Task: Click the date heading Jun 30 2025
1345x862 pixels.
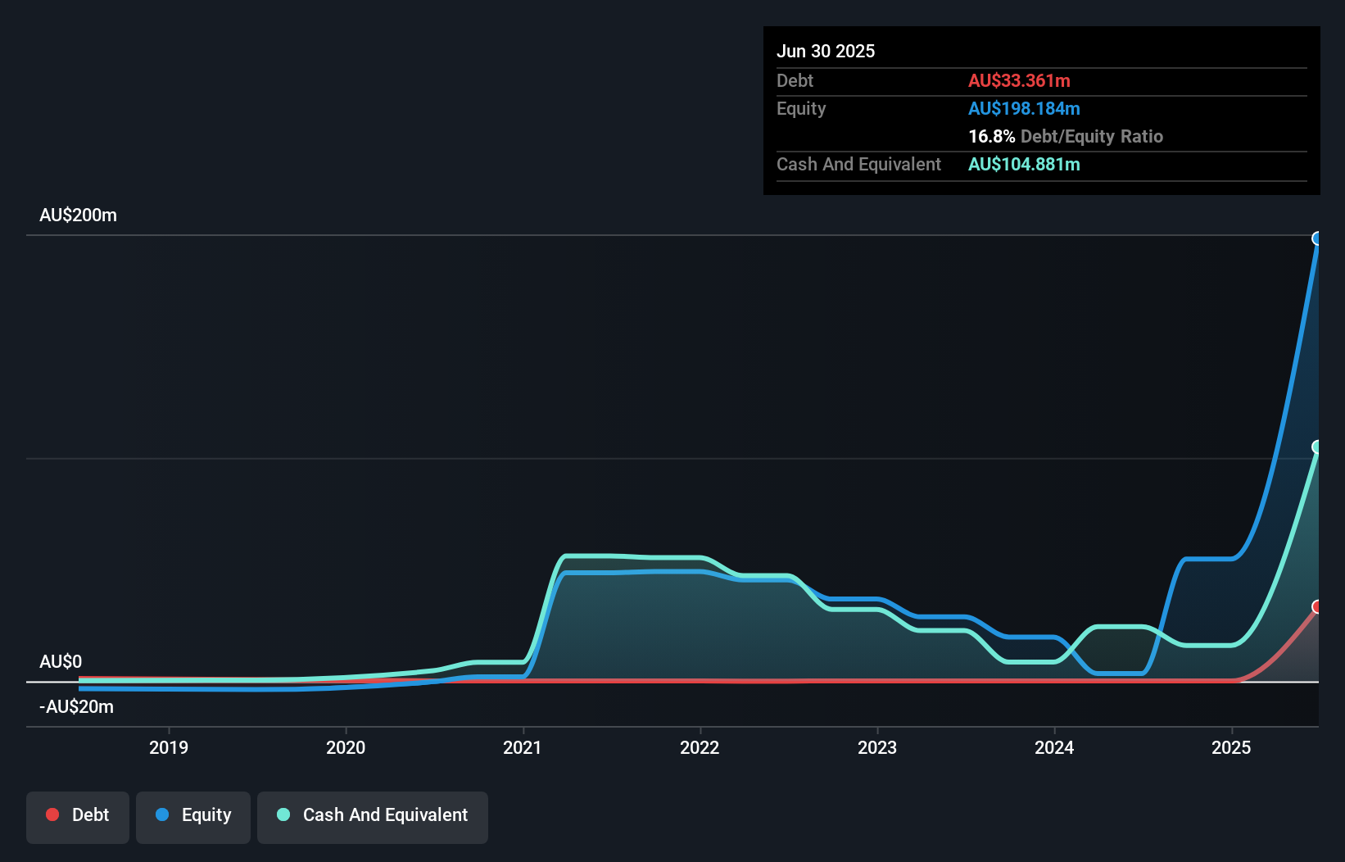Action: pos(825,51)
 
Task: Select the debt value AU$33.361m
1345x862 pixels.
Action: pos(1018,80)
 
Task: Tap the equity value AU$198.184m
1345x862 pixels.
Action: pos(1023,108)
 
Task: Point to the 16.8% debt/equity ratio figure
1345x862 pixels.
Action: pos(991,136)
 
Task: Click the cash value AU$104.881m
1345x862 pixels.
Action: pos(1023,164)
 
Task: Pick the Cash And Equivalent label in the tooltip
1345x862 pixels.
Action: pos(858,164)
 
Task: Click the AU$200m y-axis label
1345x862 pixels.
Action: pos(78,215)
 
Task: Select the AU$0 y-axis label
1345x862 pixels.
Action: pos(61,661)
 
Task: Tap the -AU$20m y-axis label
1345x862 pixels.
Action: pos(76,706)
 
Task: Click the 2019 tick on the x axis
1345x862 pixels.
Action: pos(169,747)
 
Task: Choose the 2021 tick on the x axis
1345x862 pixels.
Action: pos(523,747)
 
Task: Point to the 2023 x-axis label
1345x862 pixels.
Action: pos(876,747)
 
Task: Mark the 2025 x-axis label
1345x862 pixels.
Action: pos(1231,747)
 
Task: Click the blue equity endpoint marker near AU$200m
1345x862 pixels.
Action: pos(1317,238)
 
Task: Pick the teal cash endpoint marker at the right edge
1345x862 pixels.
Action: pos(1317,447)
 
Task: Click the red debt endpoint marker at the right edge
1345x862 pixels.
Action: pos(1317,606)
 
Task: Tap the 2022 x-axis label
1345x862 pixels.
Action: pos(700,747)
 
